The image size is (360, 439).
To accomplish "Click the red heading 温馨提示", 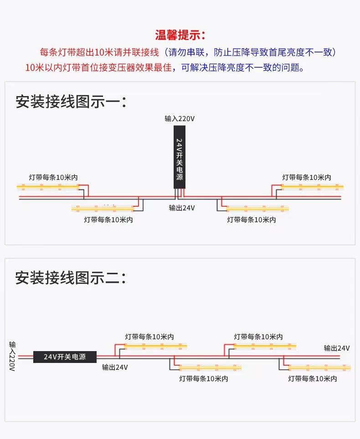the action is (180, 35).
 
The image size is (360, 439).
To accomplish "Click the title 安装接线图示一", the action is (71, 102).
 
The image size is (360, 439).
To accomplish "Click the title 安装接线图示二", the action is (71, 278).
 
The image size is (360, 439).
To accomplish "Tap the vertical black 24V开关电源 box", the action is (179, 157).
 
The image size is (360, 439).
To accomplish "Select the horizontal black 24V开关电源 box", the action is (65, 357).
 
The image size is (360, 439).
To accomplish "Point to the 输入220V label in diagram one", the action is (179, 119).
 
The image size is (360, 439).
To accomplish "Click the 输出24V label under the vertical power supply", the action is (182, 208).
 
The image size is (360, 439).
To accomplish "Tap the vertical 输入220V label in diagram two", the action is (12, 356).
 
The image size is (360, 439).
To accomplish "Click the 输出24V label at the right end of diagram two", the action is (337, 348).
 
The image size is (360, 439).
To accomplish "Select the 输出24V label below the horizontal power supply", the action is (115, 367).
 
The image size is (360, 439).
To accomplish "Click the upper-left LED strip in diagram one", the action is (48, 187).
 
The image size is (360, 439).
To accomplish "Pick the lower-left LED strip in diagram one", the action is (103, 208).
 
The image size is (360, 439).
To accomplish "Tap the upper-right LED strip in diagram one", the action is (312, 187).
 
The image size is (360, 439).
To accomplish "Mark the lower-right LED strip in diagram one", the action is (257, 208).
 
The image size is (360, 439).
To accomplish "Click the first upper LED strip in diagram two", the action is (155, 346).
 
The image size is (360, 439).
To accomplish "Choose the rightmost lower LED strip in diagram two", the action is (319, 368).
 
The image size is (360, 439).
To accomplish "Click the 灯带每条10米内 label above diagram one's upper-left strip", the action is (53, 177).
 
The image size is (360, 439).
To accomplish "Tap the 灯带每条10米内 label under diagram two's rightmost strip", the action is (313, 378).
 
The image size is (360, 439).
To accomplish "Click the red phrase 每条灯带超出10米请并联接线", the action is (99, 52).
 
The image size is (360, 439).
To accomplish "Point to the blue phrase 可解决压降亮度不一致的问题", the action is (242, 67).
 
